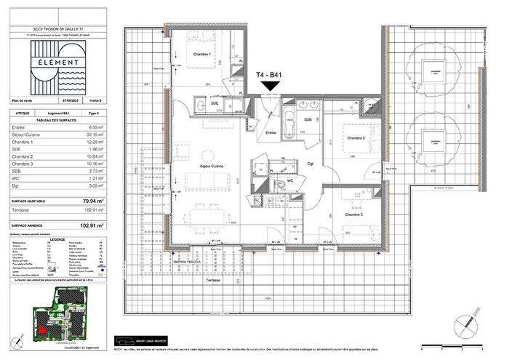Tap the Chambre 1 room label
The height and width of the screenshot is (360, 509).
click(201, 55)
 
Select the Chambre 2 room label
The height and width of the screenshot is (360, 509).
click(355, 137)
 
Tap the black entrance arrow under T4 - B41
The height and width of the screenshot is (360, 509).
click(270, 87)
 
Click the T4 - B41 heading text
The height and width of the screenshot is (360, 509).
click(270, 75)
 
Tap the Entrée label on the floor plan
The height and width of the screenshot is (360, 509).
click(270, 133)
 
